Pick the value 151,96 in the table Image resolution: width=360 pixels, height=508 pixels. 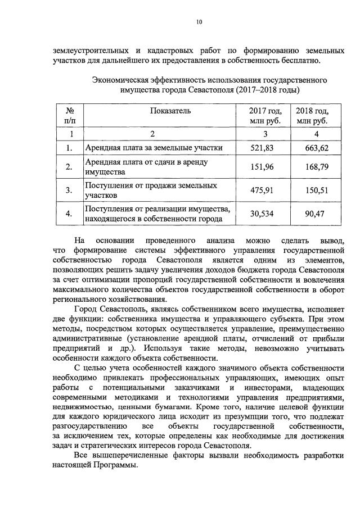[x=261, y=167]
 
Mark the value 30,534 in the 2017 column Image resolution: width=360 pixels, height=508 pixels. [x=261, y=214]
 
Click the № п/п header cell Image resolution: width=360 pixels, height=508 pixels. [x=70, y=116]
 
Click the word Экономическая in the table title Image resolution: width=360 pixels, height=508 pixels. [x=119, y=80]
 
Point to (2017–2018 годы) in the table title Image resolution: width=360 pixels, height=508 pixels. [x=268, y=90]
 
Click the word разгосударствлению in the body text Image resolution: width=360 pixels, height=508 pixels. [x=87, y=429]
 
